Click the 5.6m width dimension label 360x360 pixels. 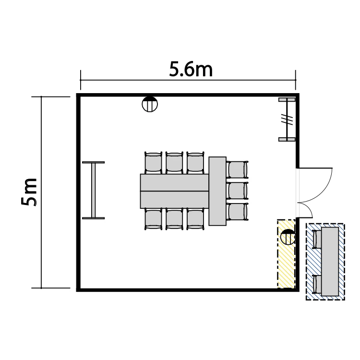[191, 69]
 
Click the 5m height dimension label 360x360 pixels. [29, 192]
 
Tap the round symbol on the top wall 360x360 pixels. [150, 104]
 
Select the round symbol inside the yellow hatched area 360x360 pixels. [288, 237]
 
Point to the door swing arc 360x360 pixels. [323, 192]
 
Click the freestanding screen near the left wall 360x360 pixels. [94, 191]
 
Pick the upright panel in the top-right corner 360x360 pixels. [287, 120]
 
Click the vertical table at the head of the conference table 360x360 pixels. [217, 191]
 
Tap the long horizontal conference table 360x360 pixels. [175, 191]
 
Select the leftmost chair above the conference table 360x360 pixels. [154, 163]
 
